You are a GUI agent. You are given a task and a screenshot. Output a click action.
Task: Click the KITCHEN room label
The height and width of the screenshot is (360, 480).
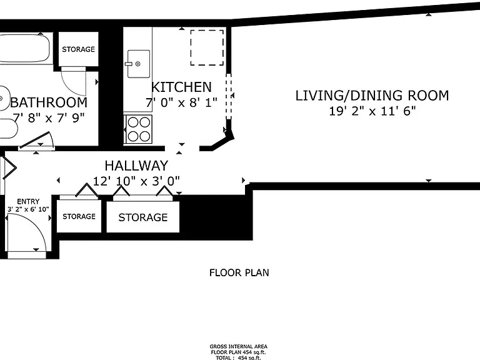coord(181,87)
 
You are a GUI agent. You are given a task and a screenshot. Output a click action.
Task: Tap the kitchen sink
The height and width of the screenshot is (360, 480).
coord(138,64)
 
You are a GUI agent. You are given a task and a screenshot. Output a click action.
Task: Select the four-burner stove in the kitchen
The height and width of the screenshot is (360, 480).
coord(138,129)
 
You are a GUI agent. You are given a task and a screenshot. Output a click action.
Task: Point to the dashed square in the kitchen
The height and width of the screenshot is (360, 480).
coord(207,47)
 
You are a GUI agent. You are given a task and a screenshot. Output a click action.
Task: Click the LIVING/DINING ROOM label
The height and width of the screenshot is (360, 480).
coord(372,96)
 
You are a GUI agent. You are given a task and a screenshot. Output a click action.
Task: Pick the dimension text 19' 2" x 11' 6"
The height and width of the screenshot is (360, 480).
coord(372,111)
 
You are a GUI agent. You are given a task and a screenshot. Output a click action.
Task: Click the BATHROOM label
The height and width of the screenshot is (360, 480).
coord(49,102)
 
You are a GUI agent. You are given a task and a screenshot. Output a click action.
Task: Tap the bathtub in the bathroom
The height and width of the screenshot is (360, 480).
coord(24,49)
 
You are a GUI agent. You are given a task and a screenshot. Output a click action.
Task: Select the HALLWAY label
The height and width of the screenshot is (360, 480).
coord(136,166)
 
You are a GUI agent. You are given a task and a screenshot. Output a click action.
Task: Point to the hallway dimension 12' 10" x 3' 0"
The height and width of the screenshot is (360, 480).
coord(136,181)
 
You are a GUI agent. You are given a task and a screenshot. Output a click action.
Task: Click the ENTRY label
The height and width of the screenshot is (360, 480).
coord(28,201)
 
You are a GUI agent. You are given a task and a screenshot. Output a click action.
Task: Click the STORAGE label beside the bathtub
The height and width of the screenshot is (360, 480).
coord(78,49)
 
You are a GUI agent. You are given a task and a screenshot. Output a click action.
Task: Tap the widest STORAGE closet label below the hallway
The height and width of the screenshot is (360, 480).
coord(143,217)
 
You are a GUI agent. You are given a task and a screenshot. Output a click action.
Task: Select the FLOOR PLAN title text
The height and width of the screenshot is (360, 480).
coord(239,272)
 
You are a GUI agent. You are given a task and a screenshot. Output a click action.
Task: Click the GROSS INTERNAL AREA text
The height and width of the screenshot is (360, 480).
coord(239,346)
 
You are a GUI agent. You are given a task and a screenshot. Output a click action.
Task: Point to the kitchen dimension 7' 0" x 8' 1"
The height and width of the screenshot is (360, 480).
coord(181,102)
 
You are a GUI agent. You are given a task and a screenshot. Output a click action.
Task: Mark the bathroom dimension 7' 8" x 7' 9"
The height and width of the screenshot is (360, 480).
coord(49,118)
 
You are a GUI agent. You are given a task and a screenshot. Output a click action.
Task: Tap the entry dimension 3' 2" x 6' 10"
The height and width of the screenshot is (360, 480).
coord(28,209)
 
